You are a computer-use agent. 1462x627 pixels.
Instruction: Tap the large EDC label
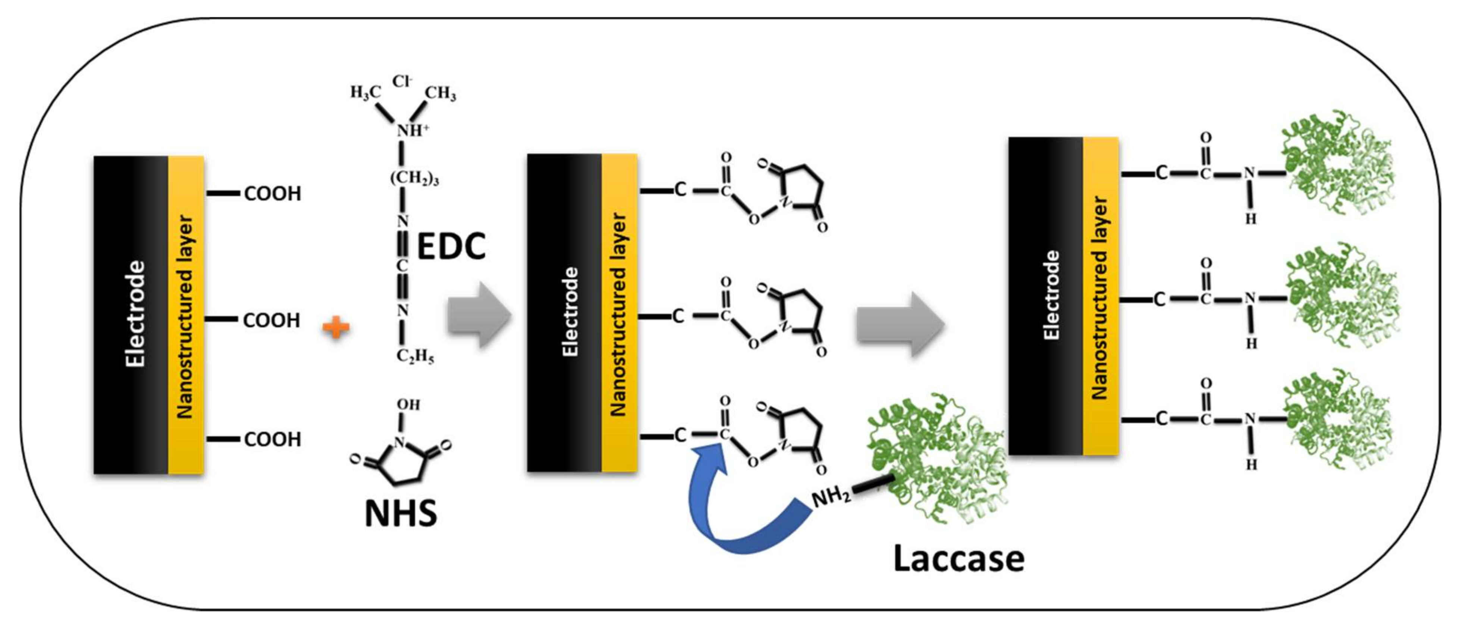point(451,246)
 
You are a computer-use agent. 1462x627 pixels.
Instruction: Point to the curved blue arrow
point(732,511)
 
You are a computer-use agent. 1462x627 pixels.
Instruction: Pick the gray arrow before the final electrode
point(900,325)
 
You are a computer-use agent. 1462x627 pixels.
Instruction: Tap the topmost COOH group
point(272,194)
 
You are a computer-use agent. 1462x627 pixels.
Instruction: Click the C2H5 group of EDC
point(415,357)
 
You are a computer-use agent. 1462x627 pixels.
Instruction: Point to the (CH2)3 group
point(414,178)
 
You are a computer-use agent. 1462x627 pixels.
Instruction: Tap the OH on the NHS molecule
point(408,405)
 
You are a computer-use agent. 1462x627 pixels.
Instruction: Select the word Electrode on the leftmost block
point(135,314)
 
